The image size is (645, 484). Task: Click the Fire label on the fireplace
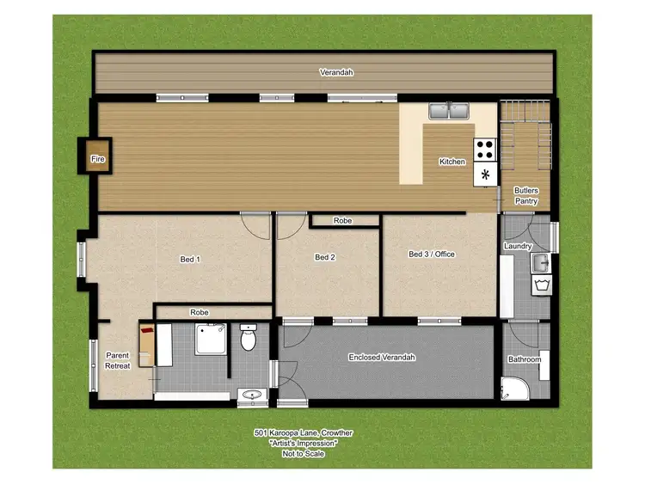pyautogui.click(x=97, y=159)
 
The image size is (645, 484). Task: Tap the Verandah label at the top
pyautogui.click(x=336, y=73)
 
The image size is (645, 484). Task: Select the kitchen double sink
pyautogui.click(x=448, y=111)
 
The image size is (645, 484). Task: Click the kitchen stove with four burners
pyautogui.click(x=485, y=150)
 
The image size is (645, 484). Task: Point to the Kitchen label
pyautogui.click(x=452, y=162)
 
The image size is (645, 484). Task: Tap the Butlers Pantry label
pyautogui.click(x=526, y=195)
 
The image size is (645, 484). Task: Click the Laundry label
pyautogui.click(x=518, y=247)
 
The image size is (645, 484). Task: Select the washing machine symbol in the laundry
pyautogui.click(x=542, y=285)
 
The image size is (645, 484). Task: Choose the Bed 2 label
pyautogui.click(x=324, y=257)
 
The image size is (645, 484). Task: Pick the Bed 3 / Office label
pyautogui.click(x=431, y=254)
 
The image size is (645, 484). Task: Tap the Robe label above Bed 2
pyautogui.click(x=342, y=221)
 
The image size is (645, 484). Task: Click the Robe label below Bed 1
pyautogui.click(x=200, y=313)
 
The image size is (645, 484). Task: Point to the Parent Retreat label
pyautogui.click(x=117, y=360)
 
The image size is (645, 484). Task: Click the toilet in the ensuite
pyautogui.click(x=249, y=339)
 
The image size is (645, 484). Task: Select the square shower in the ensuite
pyautogui.click(x=211, y=340)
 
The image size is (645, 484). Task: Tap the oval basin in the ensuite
pyautogui.click(x=251, y=395)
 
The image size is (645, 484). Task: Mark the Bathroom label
pyautogui.click(x=524, y=359)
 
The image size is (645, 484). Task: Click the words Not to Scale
pyautogui.click(x=303, y=454)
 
